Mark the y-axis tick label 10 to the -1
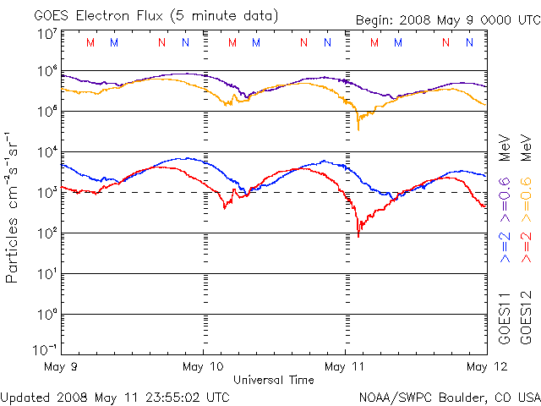coord(45,348)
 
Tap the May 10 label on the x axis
coord(203,367)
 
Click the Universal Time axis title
coord(273,380)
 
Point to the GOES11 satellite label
coord(505,318)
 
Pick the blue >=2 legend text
coord(505,246)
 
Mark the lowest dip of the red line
coord(358,235)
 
